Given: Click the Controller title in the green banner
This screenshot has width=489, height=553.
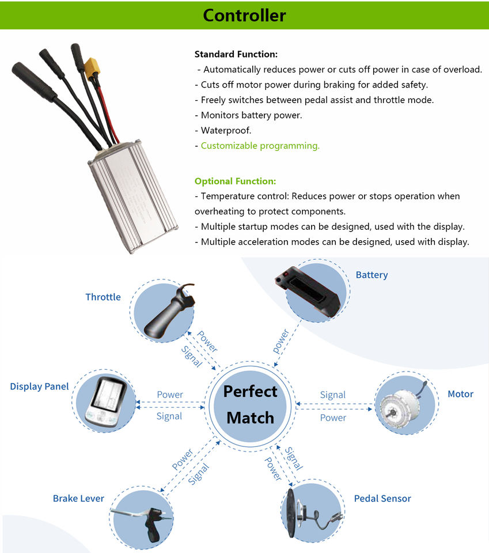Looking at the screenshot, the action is coord(244,15).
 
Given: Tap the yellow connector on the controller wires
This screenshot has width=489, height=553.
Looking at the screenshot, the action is coord(92,67).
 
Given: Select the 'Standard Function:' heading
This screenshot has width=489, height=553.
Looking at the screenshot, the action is coord(236,54).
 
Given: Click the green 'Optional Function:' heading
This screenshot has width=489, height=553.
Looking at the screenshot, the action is coord(235,181).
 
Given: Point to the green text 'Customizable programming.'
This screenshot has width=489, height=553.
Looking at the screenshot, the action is coord(260,146).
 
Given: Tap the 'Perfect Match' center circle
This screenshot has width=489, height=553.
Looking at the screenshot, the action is coord(250,404).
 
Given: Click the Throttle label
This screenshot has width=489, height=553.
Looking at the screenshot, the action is coord(103,297).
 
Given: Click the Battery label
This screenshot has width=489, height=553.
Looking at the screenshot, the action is coord(372,275).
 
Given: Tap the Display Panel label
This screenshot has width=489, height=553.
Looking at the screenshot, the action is coord(39,387).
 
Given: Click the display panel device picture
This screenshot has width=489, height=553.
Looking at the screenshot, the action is coord(107,401).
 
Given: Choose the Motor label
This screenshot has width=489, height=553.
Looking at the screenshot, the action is coord(460,394).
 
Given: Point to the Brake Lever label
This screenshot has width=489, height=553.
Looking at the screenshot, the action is coord(78,498).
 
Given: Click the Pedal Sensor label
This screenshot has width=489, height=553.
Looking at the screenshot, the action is coord(382,498).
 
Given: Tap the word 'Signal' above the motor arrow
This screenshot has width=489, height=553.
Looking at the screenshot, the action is coord(333,395).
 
